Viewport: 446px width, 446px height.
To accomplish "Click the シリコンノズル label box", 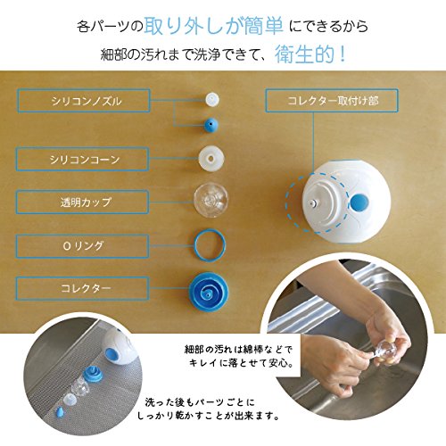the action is pyautogui.click(x=84, y=101).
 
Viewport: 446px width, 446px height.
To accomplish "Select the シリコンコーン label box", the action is pyautogui.click(x=82, y=159).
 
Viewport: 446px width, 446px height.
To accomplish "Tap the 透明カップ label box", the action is pyautogui.click(x=82, y=202).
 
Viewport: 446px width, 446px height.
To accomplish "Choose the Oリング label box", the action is pyautogui.click(x=82, y=246).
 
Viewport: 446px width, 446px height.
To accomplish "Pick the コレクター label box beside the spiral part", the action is pyautogui.click(x=82, y=288).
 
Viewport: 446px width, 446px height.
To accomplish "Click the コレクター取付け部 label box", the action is pyautogui.click(x=332, y=101).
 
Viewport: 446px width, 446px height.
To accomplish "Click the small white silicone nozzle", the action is pyautogui.click(x=212, y=99).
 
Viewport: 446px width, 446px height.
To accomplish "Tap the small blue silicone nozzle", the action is pyautogui.click(x=211, y=125).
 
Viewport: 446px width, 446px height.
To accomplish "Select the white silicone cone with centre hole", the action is pyautogui.click(x=211, y=158).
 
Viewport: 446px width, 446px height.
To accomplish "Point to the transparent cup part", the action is pyautogui.click(x=211, y=200).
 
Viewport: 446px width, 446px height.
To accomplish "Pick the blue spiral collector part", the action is pyautogui.click(x=209, y=291).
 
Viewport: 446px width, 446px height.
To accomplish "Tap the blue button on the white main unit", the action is pyautogui.click(x=359, y=202).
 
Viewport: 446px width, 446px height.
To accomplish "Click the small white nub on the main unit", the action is pyautogui.click(x=312, y=204).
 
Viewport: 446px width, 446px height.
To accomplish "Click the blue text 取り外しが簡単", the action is pyautogui.click(x=214, y=26).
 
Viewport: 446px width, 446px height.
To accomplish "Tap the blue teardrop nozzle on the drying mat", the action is pyautogui.click(x=60, y=412).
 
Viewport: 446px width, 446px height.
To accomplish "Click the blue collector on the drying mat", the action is pyautogui.click(x=92, y=374).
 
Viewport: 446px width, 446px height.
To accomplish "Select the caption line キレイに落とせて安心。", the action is pyautogui.click(x=242, y=363).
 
